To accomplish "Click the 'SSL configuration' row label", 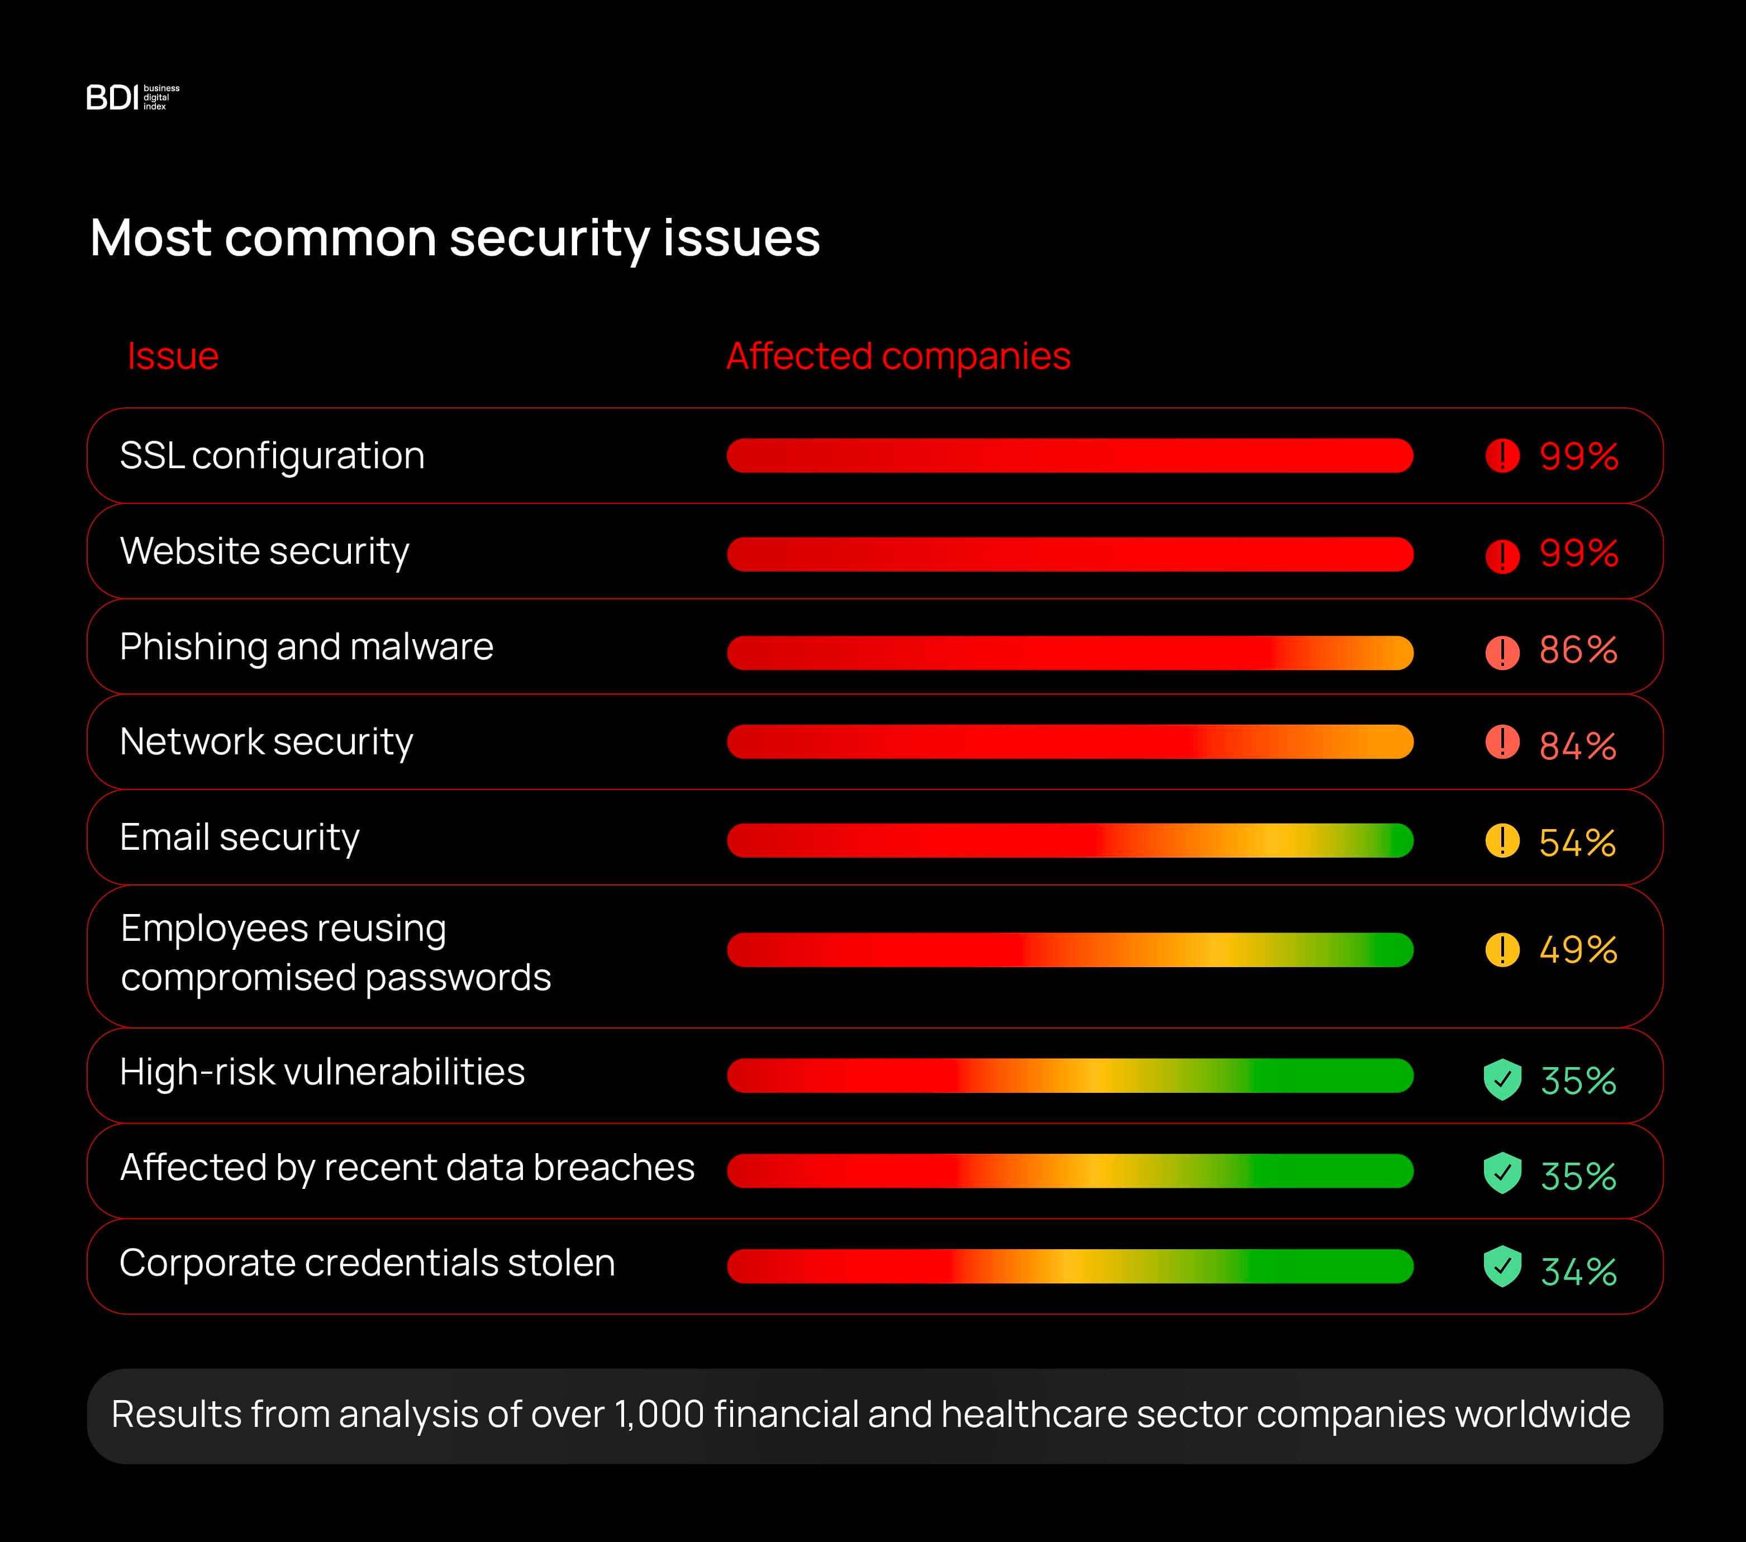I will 272,455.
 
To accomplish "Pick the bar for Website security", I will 1069,554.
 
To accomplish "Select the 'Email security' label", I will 239,837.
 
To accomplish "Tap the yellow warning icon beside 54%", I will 1502,841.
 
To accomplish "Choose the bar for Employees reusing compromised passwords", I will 1069,950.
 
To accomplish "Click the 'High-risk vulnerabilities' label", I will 322,1072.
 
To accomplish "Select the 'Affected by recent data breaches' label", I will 407,1168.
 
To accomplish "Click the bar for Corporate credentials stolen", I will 1069,1266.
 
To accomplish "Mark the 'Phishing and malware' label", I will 306,647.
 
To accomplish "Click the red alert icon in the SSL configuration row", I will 1502,455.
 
